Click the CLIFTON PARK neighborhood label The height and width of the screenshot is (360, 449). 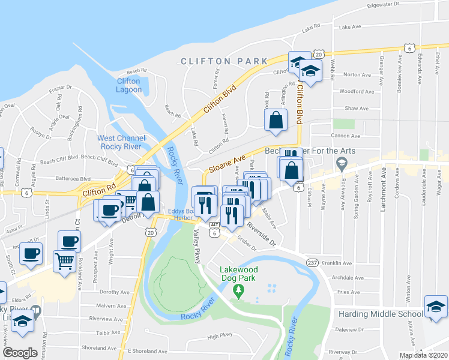tap(223, 61)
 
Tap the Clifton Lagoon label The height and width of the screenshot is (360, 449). tap(128, 86)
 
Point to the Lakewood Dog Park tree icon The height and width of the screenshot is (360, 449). tap(240, 292)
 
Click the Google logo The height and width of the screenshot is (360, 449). tap(20, 353)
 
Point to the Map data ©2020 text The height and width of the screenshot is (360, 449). tap(423, 355)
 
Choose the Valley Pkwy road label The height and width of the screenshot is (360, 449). tap(196, 248)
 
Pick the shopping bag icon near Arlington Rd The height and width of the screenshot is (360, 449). tap(276, 119)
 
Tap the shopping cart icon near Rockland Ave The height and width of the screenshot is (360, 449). tap(64, 261)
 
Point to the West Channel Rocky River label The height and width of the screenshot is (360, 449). tap(122, 142)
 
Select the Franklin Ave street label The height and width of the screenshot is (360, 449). tap(337, 263)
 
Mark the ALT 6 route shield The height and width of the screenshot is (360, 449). tap(214, 228)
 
